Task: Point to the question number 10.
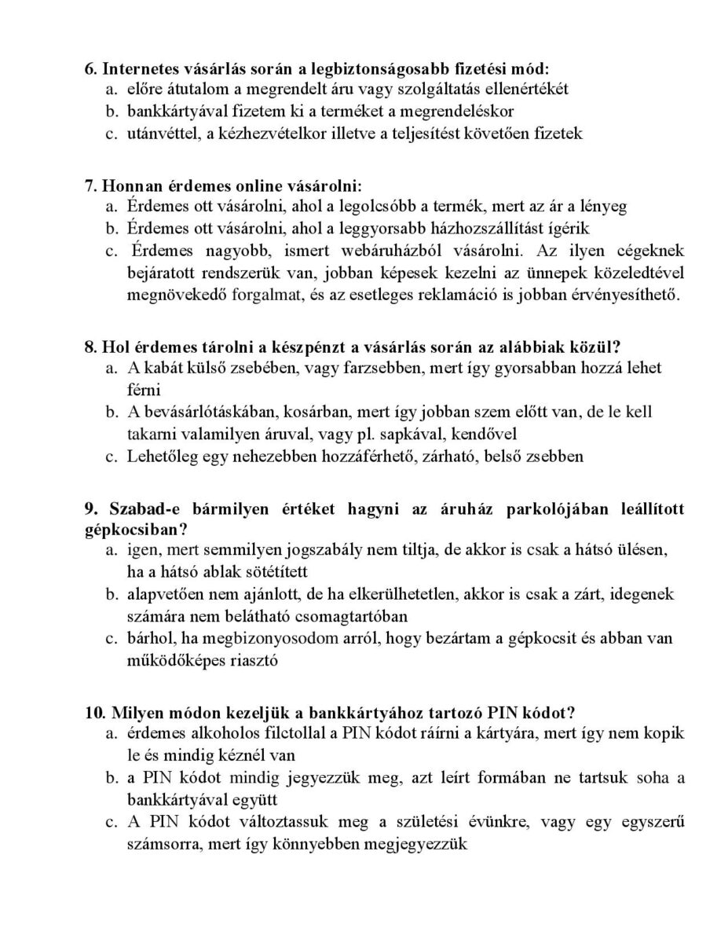[93, 712]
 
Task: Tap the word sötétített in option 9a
[276, 571]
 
